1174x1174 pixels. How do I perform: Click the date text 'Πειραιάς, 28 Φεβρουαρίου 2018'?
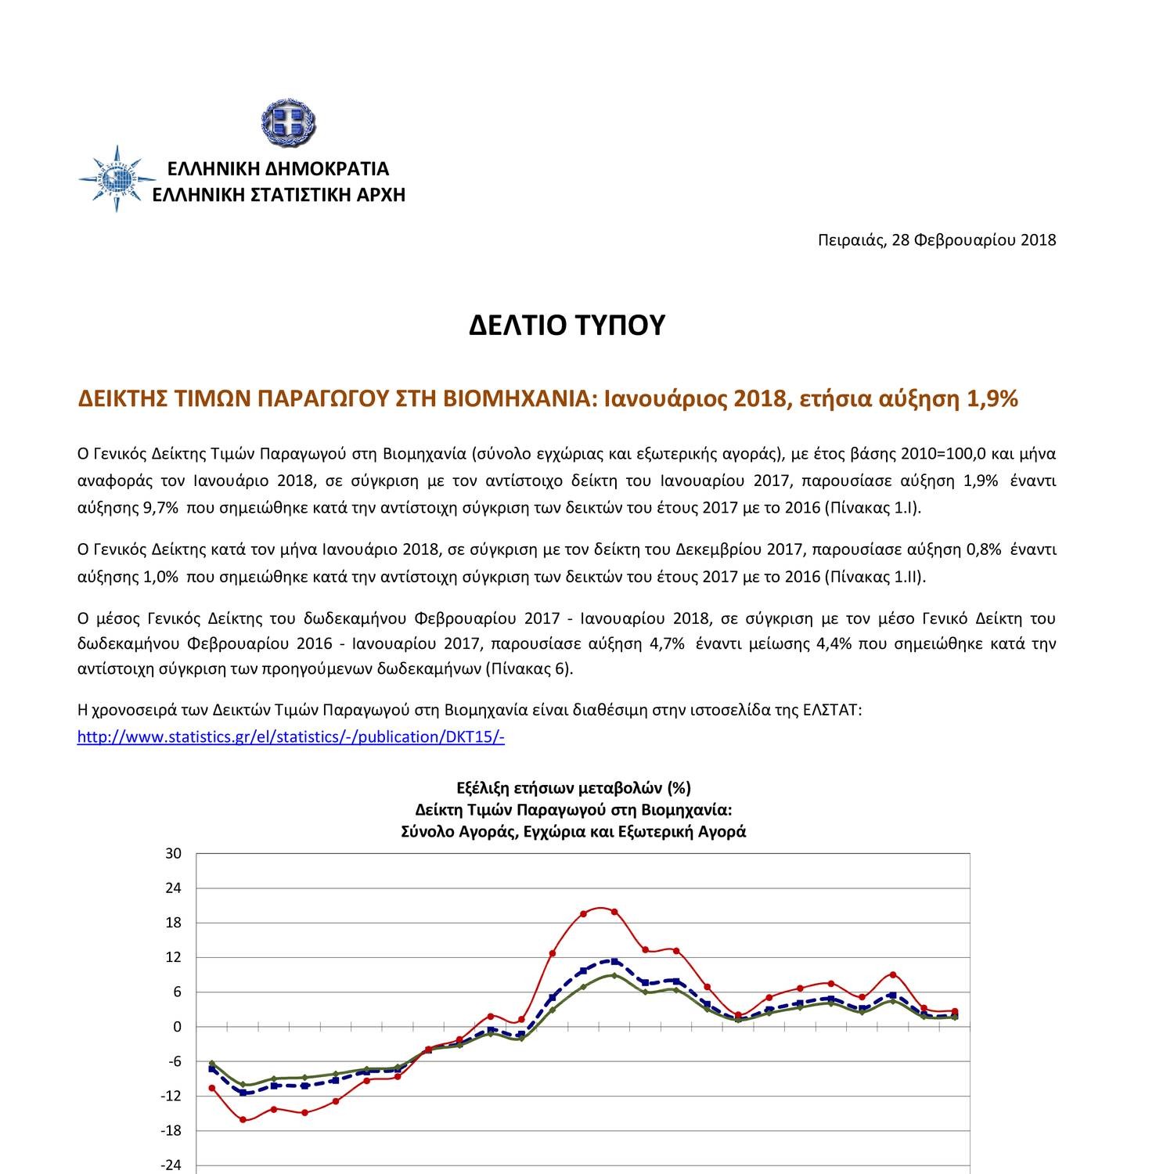coord(936,239)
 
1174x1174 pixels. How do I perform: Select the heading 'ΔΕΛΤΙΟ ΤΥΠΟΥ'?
coord(567,325)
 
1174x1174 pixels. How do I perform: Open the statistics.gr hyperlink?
coord(290,737)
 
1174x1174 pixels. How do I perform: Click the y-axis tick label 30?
coord(173,854)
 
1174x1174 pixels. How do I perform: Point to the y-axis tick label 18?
coord(173,923)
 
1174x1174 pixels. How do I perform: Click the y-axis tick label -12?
coord(171,1096)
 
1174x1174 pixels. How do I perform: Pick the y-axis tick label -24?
coord(171,1165)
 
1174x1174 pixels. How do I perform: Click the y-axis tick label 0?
coord(177,1027)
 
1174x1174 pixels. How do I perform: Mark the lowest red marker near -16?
coord(243,1120)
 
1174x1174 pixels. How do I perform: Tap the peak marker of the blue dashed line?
coord(614,960)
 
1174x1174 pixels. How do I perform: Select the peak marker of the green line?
coord(614,975)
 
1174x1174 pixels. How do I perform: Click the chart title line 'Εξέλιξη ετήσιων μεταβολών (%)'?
coord(573,787)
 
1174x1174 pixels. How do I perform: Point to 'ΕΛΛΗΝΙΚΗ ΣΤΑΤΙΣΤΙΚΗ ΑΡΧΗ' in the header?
coord(279,194)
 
